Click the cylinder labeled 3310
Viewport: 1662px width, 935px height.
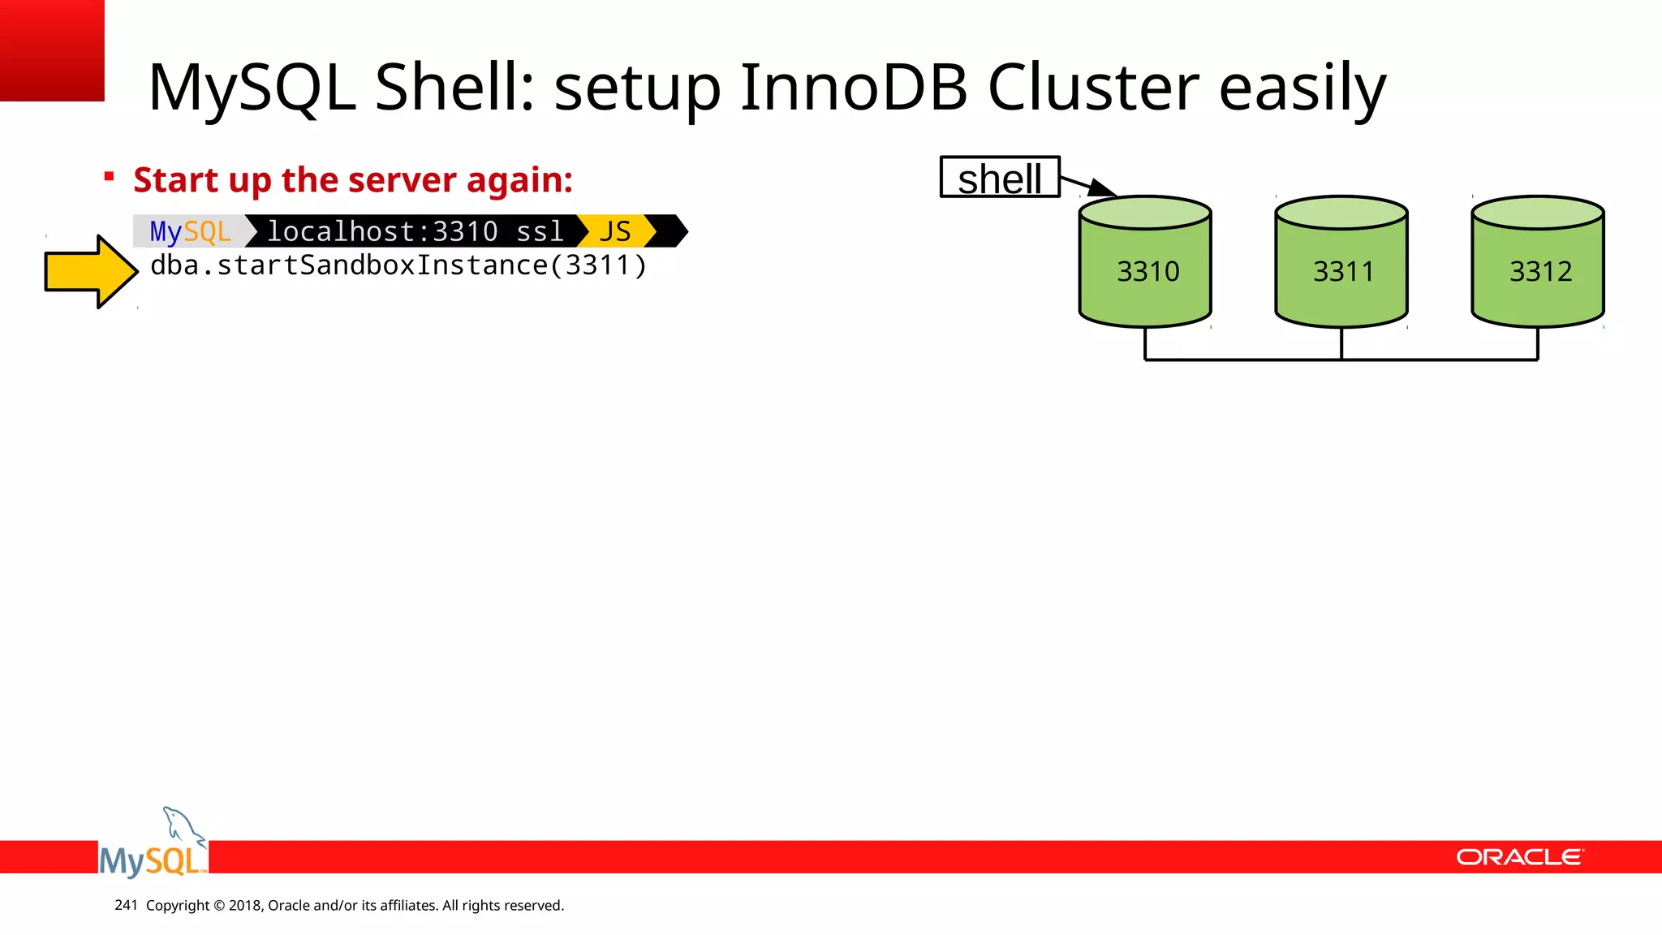pyautogui.click(x=1145, y=268)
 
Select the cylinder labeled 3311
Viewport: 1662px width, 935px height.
pyautogui.click(x=1341, y=268)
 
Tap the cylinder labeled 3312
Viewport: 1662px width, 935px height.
pyautogui.click(x=1538, y=268)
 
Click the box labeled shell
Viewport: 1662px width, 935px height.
pyautogui.click(x=1000, y=178)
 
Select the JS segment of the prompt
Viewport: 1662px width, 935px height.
pyautogui.click(x=615, y=231)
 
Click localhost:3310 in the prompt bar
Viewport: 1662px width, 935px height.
pyautogui.click(x=382, y=231)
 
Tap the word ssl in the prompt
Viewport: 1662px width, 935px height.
pyautogui.click(x=540, y=231)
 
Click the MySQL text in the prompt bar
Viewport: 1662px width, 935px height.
pyautogui.click(x=190, y=231)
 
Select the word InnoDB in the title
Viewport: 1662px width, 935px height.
pyautogui.click(x=853, y=88)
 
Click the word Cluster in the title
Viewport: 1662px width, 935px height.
pyautogui.click(x=1092, y=88)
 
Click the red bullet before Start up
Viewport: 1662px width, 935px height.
pyautogui.click(x=110, y=176)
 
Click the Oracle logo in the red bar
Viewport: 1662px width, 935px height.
pyautogui.click(x=1519, y=857)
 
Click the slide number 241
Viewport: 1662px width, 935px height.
pyautogui.click(x=126, y=905)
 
